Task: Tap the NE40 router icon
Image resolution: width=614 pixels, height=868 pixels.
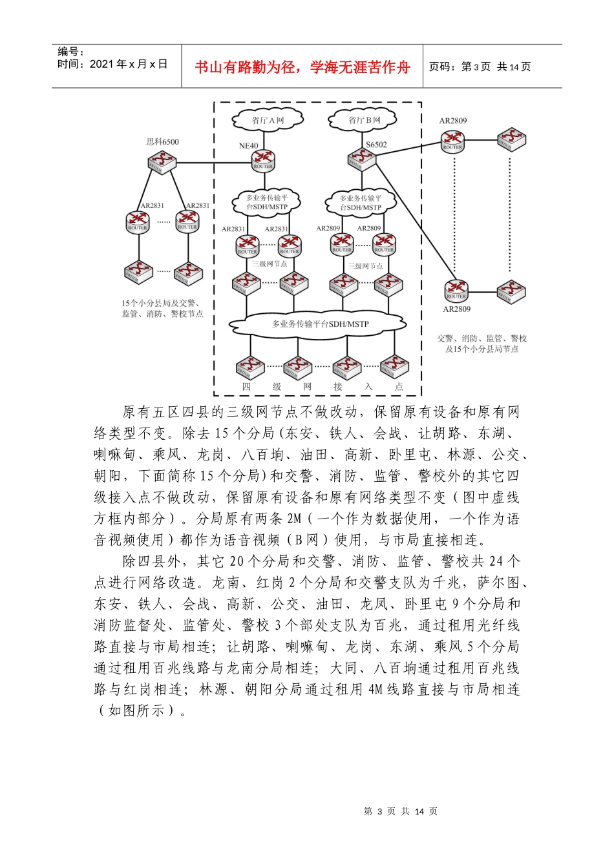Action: [263, 160]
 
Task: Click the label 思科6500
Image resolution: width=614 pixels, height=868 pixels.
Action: [163, 142]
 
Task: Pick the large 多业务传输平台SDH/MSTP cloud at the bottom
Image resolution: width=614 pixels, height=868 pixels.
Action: [318, 324]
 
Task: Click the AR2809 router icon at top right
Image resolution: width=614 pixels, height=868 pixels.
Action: [452, 139]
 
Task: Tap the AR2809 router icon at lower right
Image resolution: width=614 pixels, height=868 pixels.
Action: [456, 289]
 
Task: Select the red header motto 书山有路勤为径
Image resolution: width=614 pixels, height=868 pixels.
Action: [302, 67]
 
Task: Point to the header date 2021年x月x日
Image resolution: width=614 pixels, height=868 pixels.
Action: [128, 65]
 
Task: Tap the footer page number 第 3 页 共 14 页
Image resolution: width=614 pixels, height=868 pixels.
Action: [401, 812]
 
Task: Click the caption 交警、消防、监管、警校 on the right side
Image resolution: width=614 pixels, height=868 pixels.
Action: [482, 338]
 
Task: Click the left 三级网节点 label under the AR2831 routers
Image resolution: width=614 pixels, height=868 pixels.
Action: [270, 263]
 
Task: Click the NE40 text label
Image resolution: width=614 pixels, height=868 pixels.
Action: [248, 146]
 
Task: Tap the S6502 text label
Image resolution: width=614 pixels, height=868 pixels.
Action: [376, 145]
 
